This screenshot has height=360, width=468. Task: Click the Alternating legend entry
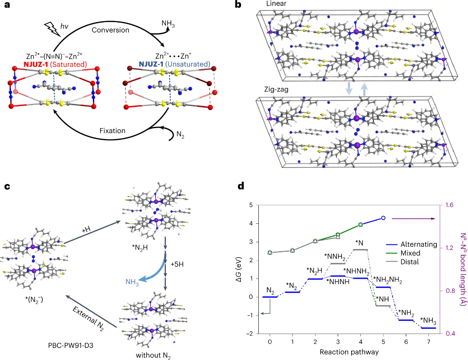[412, 244]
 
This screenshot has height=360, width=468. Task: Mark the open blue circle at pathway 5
[383, 218]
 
